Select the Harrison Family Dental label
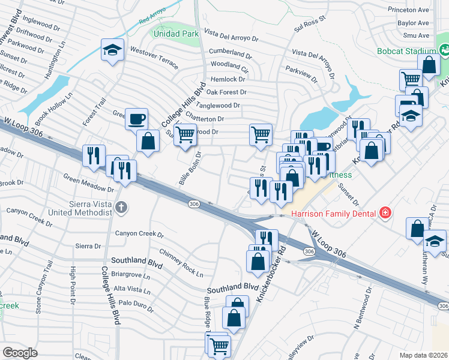pyautogui.click(x=334, y=214)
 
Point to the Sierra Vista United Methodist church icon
pyautogui.click(x=121, y=208)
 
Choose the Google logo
pyautogui.click(x=20, y=353)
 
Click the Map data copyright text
pyautogui.click(x=424, y=355)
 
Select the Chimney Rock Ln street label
pyautogui.click(x=181, y=263)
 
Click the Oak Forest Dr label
pyautogui.click(x=226, y=92)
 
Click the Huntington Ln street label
pyautogui.click(x=60, y=56)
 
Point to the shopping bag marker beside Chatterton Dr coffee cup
pyautogui.click(x=148, y=142)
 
